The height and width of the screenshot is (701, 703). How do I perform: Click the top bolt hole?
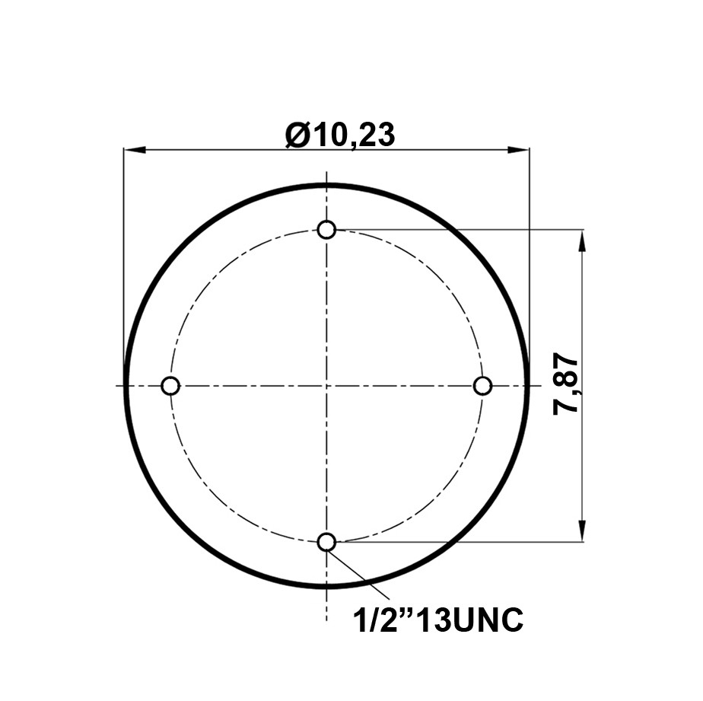point(326,230)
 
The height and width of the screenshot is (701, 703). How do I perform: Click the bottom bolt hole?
point(326,542)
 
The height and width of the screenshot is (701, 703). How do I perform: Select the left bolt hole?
point(170,386)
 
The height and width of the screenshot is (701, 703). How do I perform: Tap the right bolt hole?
point(482,386)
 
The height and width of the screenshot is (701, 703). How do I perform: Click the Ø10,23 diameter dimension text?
point(341,135)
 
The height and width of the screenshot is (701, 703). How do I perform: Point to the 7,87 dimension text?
point(566,386)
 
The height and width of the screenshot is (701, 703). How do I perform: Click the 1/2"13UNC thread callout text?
point(438,620)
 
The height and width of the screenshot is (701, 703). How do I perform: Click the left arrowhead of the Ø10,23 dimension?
point(135,150)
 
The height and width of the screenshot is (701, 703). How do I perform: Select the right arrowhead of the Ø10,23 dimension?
point(518,150)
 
